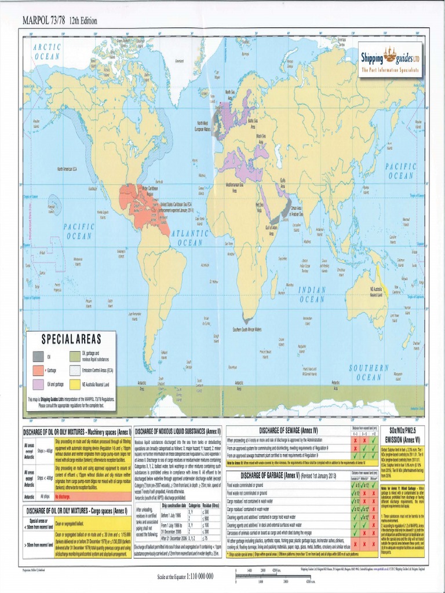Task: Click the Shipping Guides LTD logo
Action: [x=389, y=59]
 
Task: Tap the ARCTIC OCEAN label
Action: [x=47, y=52]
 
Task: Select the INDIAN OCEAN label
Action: [x=312, y=294]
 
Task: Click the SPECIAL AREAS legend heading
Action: [x=71, y=338]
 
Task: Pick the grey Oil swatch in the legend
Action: [x=38, y=356]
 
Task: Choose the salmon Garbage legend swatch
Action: [x=38, y=370]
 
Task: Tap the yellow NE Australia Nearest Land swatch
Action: [x=75, y=384]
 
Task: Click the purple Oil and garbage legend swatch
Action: [x=38, y=384]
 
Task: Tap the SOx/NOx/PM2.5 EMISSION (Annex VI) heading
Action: [x=404, y=434]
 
